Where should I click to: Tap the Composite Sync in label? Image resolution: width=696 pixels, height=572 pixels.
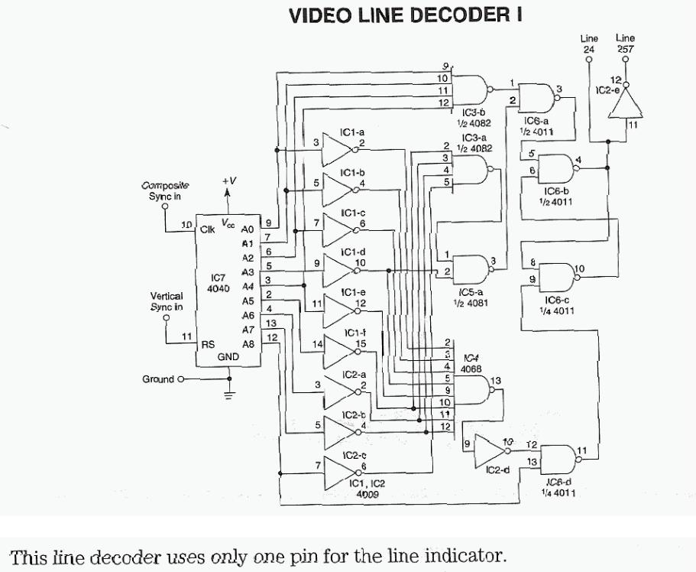coord(165,190)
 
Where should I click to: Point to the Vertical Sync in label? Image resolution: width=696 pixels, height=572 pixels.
coord(167,301)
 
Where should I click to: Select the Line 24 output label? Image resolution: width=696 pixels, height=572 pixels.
coord(588,43)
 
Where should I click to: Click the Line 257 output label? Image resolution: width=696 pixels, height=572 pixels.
coord(625,43)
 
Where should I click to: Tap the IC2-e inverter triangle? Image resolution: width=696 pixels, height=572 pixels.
coord(625,105)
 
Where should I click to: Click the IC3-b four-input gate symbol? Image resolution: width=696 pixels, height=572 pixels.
coord(472,90)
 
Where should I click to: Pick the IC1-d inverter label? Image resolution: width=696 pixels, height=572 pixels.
coord(352,252)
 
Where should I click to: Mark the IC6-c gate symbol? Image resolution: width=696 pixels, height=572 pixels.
coord(555,275)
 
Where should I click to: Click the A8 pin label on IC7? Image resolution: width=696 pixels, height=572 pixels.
coord(248,344)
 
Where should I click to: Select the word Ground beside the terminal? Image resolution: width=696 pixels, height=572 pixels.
coord(158,379)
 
